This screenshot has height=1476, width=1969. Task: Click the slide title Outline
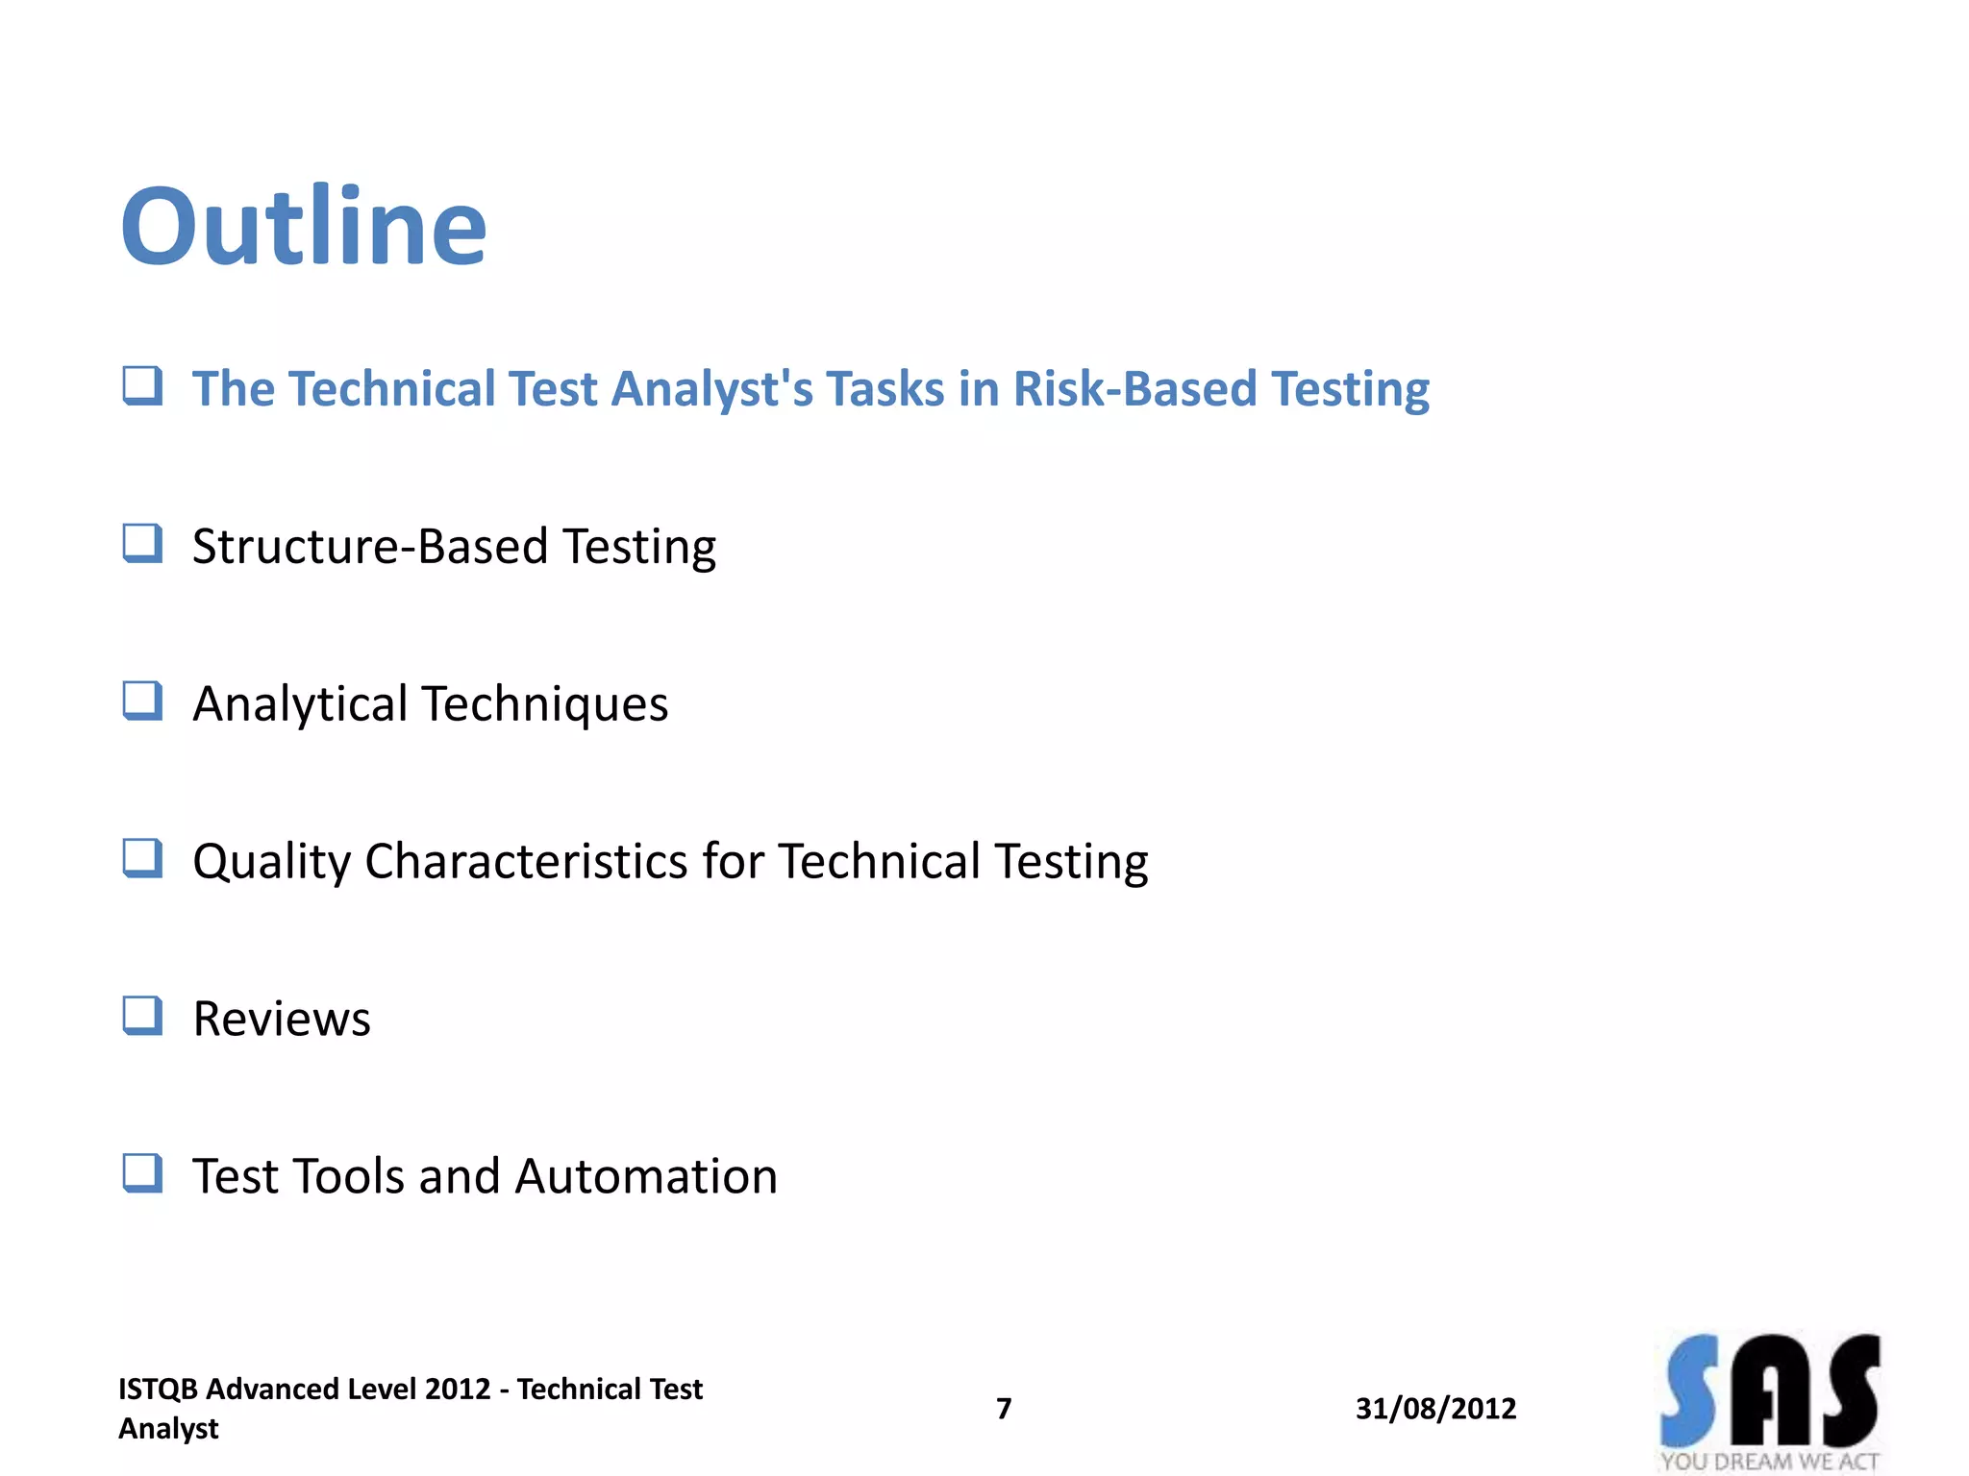coord(304,227)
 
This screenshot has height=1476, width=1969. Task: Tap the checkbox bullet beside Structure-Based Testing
coord(142,544)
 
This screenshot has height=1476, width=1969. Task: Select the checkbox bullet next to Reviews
coord(142,1016)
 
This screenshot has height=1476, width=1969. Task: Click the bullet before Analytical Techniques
coord(142,701)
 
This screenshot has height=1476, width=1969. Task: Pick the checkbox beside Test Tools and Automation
coord(142,1173)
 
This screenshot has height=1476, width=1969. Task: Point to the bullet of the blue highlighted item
coord(142,386)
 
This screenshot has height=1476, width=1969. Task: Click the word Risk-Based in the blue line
coord(1134,389)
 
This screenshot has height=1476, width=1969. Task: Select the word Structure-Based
coord(369,546)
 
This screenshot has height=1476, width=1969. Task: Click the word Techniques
coord(545,703)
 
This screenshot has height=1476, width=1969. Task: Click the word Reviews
coord(281,1019)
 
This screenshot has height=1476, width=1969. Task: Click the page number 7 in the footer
coord(1004,1409)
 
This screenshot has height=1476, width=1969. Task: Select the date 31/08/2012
coord(1435,1409)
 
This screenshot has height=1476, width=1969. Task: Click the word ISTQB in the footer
coord(158,1390)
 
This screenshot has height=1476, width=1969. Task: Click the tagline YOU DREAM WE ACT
coord(1769,1462)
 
